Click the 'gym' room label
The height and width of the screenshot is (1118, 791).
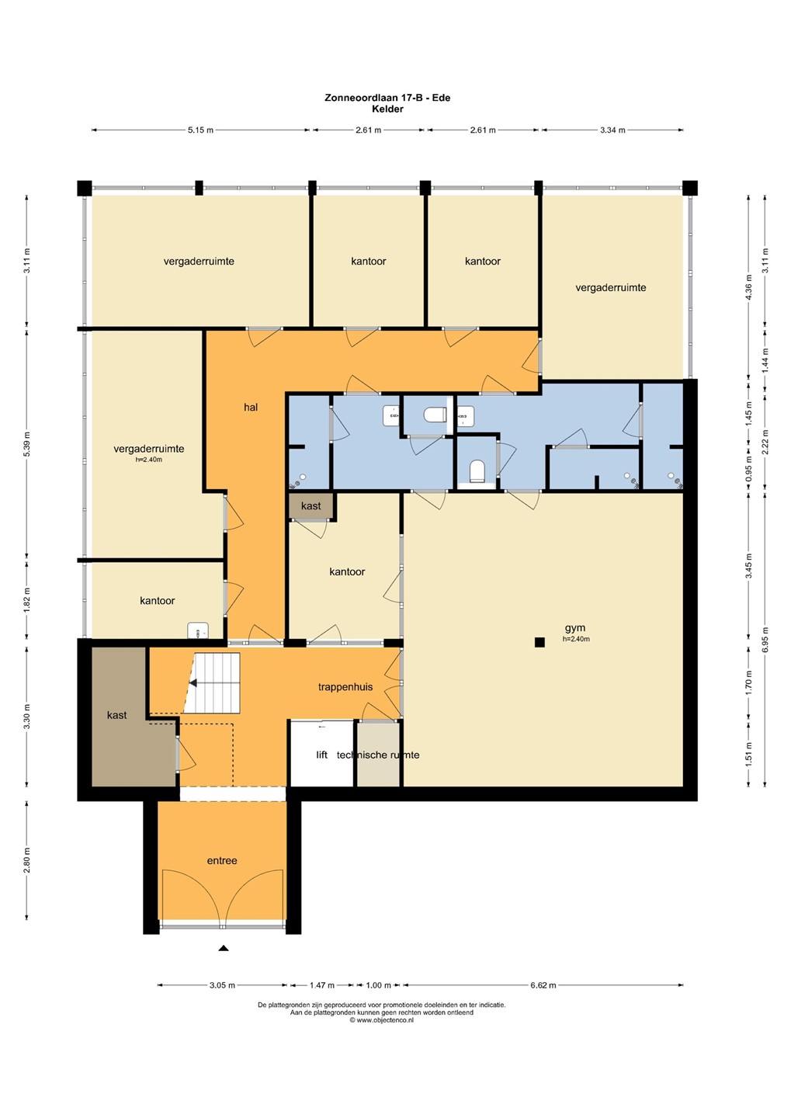(x=575, y=628)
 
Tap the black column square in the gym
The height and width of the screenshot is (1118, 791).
(x=539, y=642)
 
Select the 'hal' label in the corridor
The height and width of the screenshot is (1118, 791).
(x=251, y=408)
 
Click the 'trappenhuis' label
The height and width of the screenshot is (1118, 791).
(x=345, y=687)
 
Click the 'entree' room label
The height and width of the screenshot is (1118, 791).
(x=222, y=860)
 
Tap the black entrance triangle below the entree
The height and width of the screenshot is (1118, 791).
(x=224, y=948)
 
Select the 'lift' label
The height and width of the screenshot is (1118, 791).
(x=322, y=755)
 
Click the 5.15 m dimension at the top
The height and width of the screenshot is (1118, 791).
(x=200, y=130)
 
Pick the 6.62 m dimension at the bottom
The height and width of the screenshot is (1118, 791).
(x=543, y=985)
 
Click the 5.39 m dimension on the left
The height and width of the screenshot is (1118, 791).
(x=27, y=444)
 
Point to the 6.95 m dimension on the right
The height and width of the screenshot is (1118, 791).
(x=765, y=640)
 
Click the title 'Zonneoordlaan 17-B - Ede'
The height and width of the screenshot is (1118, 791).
(x=387, y=98)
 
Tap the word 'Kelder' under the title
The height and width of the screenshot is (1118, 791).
(x=387, y=109)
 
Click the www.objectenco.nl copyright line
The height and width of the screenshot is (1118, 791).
(x=382, y=1020)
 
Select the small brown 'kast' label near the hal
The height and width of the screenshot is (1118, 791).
(x=311, y=506)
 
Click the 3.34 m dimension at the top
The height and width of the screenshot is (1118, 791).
(x=612, y=130)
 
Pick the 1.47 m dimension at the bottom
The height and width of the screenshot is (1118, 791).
(x=322, y=985)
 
